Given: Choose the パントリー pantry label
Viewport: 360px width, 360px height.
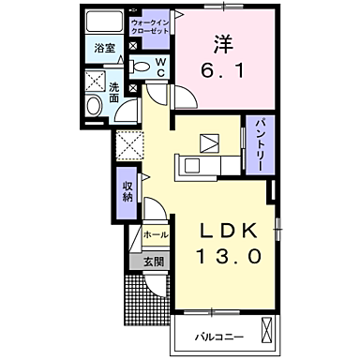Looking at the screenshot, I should [255, 143].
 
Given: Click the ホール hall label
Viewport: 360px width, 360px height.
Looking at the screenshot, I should [156, 234].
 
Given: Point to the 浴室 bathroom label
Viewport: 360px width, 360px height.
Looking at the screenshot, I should [103, 49].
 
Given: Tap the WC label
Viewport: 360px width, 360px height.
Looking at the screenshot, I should [160, 67].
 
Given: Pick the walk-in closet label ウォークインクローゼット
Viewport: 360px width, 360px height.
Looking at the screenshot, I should [150, 25].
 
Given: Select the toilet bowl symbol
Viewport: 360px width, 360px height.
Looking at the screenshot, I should [139, 66].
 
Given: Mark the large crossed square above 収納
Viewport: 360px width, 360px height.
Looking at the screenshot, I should [127, 145].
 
